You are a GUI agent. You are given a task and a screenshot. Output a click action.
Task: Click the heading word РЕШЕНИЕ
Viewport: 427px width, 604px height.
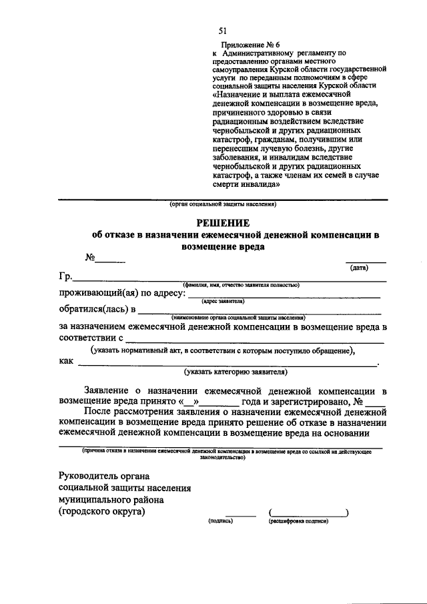(x=222, y=222)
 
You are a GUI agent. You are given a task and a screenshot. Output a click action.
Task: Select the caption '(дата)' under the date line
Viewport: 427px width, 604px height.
(x=359, y=267)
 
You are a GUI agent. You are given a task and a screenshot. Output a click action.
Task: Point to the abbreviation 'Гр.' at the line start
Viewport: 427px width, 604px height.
(x=65, y=278)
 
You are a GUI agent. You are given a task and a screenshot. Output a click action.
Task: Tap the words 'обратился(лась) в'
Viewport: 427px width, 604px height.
(x=97, y=310)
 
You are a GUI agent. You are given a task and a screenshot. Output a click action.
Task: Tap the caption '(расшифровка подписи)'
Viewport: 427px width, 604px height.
(x=294, y=521)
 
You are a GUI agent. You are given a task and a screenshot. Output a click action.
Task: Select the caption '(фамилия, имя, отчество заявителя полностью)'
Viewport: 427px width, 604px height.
(x=241, y=284)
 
